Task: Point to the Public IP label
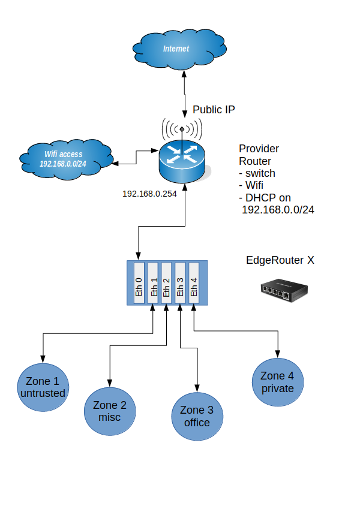(214, 110)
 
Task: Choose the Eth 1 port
(153, 282)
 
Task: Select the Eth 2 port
(167, 282)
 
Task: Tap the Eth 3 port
(180, 282)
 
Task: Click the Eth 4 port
(193, 282)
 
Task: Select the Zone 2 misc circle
(110, 411)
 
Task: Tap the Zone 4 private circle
(278, 382)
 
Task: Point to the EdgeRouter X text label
(280, 260)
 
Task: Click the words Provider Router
(259, 155)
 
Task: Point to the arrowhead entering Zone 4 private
(278, 355)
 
